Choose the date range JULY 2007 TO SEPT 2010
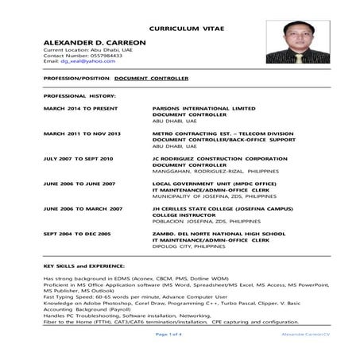79,159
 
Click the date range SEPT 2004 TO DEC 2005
77,234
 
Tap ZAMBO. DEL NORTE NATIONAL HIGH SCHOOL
219,234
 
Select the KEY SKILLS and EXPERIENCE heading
83,267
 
